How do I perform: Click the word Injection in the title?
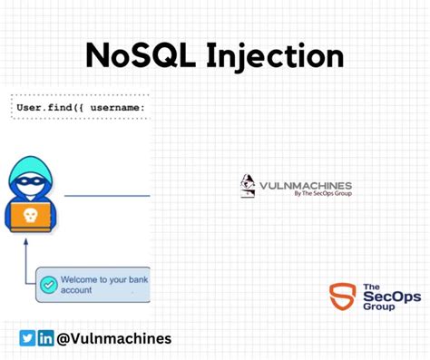(278, 55)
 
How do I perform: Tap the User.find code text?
(49, 110)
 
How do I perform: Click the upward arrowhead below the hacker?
(26, 242)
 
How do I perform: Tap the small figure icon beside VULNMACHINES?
(247, 186)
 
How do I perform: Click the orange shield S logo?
(342, 297)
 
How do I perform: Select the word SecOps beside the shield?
(381, 297)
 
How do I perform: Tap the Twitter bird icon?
(27, 338)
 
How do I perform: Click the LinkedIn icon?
(45, 338)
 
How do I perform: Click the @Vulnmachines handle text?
(113, 338)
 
